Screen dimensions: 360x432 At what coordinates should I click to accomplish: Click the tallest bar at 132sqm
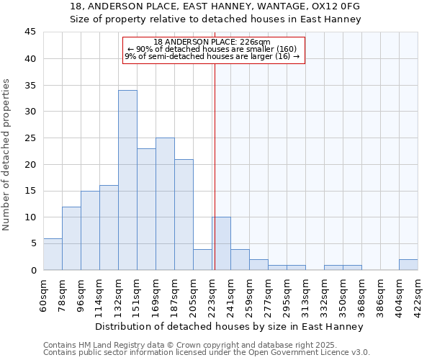(x=127, y=180)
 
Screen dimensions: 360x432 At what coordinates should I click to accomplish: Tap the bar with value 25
(x=165, y=204)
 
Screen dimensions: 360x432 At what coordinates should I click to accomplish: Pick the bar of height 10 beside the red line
(x=221, y=243)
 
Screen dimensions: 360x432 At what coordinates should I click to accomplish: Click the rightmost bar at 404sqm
(x=408, y=264)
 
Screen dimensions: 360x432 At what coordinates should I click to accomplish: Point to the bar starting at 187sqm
(x=184, y=215)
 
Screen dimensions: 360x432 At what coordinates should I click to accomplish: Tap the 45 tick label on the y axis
(x=30, y=32)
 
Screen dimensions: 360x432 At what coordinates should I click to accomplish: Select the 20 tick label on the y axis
(x=30, y=164)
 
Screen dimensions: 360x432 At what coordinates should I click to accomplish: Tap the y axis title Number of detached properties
(x=7, y=155)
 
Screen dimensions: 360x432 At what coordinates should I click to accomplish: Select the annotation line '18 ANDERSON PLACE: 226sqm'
(x=212, y=42)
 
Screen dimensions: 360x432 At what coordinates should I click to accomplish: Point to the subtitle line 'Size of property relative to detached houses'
(x=215, y=19)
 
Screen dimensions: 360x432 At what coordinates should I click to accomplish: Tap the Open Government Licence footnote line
(x=207, y=352)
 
